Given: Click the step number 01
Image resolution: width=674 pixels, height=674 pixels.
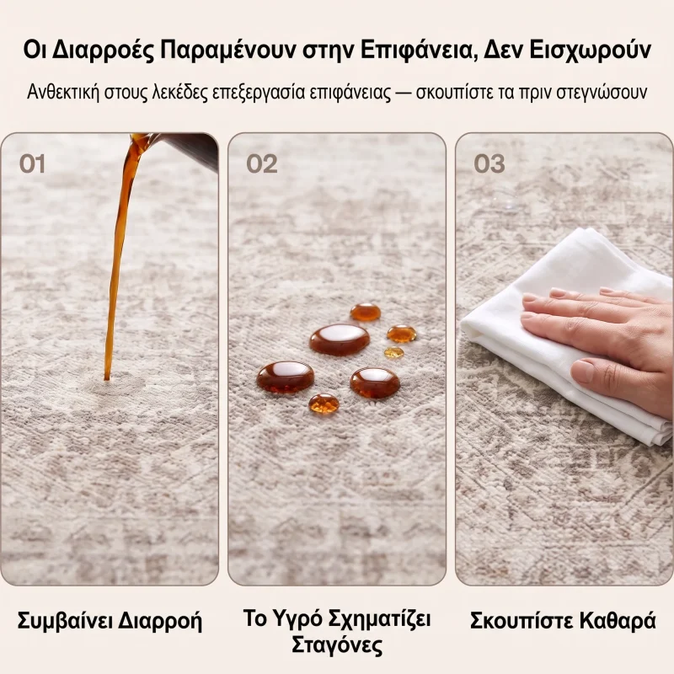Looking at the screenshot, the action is pyautogui.click(x=32, y=163).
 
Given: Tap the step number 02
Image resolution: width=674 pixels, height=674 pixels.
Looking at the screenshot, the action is pyautogui.click(x=261, y=163).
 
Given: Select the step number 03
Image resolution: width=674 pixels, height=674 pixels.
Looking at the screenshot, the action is pyautogui.click(x=489, y=163).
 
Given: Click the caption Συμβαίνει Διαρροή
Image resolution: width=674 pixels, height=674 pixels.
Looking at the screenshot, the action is pyautogui.click(x=110, y=622).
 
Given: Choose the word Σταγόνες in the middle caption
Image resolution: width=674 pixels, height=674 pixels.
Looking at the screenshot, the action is pyautogui.click(x=337, y=645).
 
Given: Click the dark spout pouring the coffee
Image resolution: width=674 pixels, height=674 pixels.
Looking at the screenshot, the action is pyautogui.click(x=189, y=151).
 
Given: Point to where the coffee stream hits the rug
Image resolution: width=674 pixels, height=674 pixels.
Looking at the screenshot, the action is pyautogui.click(x=107, y=378).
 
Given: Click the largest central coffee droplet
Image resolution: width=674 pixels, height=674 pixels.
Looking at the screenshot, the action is pyautogui.click(x=340, y=340).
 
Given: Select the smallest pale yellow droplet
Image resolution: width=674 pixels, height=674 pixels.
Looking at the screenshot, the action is pyautogui.click(x=393, y=353).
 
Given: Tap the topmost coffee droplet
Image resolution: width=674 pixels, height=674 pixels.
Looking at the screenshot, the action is pyautogui.click(x=366, y=312).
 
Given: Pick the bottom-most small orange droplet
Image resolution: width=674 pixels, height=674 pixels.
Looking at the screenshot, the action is pyautogui.click(x=324, y=404).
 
